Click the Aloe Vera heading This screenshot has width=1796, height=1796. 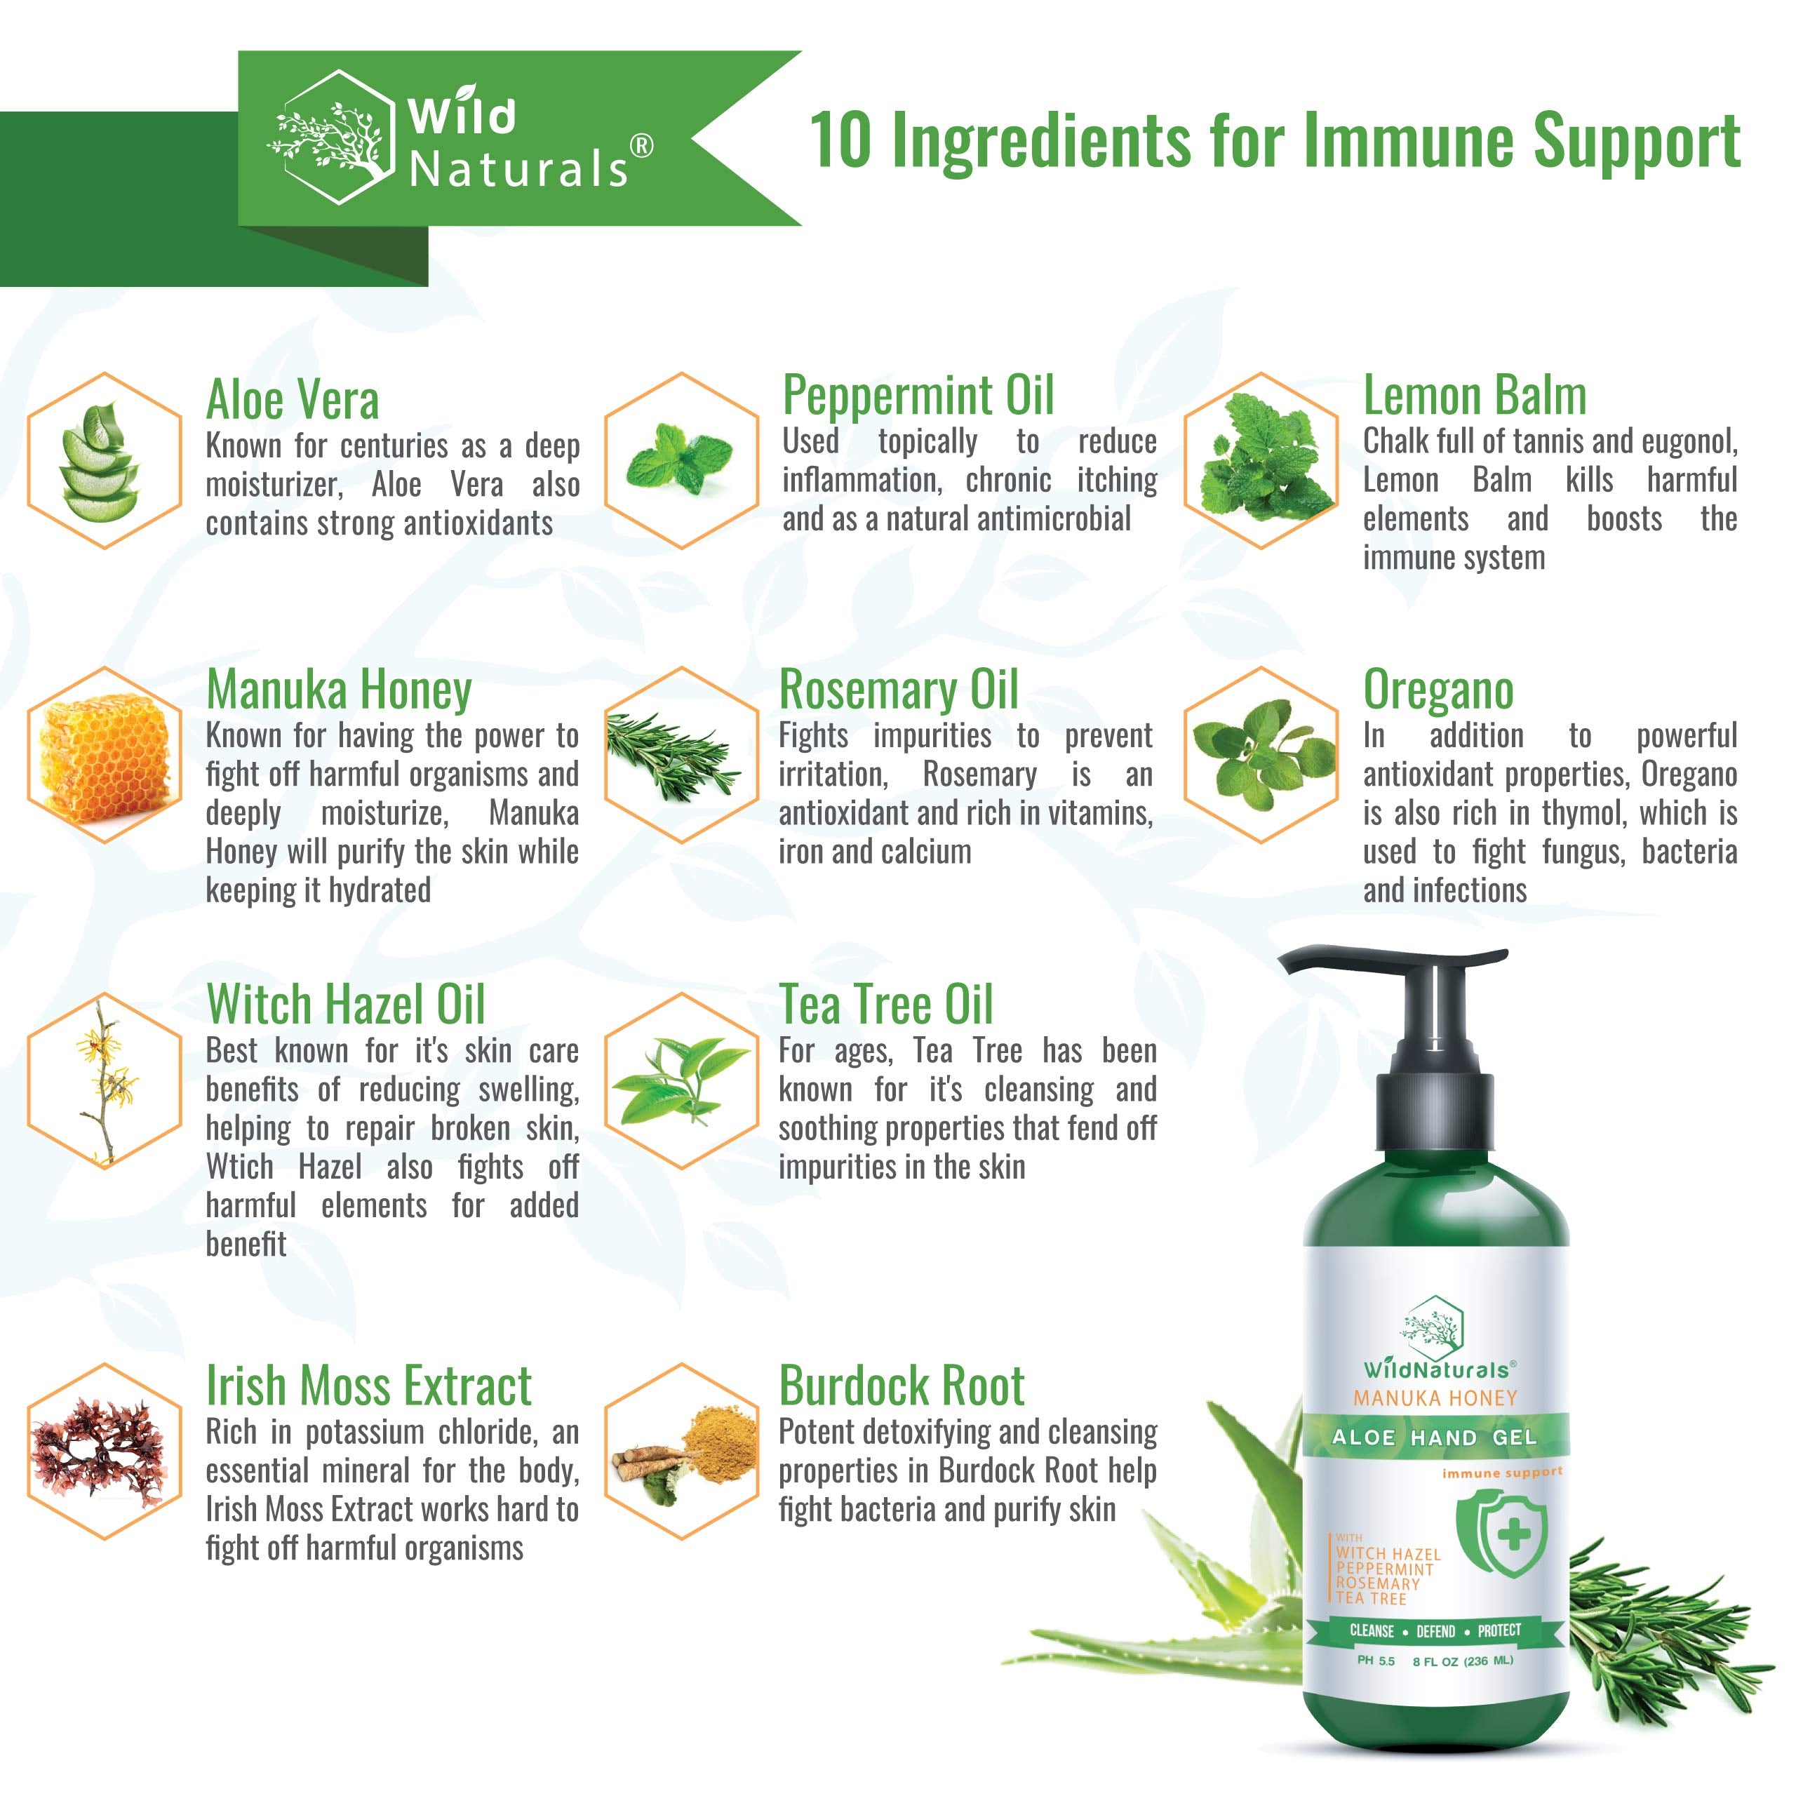[x=292, y=401]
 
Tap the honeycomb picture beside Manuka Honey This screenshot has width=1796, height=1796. [x=104, y=755]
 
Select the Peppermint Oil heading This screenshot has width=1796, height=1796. [x=918, y=396]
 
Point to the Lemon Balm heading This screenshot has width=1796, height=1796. [x=1475, y=396]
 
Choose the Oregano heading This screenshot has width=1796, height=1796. [x=1438, y=691]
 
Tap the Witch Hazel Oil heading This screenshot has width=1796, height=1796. [x=346, y=1005]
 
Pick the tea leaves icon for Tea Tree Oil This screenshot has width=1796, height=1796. [x=681, y=1080]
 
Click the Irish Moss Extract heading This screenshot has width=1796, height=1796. [x=368, y=1386]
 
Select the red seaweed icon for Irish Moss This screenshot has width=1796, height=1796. [x=98, y=1454]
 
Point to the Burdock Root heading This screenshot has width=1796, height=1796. [x=902, y=1386]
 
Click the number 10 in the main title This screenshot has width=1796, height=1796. [x=840, y=141]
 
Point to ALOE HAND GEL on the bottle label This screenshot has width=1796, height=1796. [x=1435, y=1438]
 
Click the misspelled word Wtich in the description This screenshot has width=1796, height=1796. [x=240, y=1167]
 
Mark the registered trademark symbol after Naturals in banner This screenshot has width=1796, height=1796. [x=641, y=146]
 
